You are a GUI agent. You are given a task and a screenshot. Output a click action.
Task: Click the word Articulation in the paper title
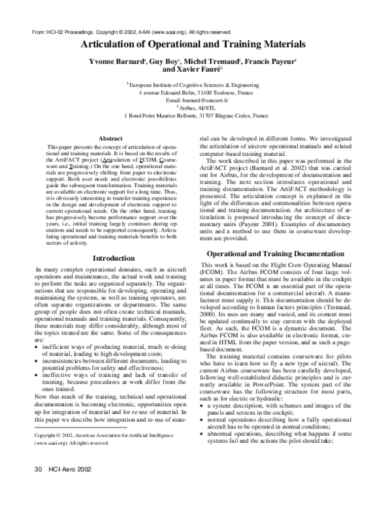[x=112, y=44]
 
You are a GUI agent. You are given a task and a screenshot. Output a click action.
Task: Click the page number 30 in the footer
[x=37, y=486]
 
